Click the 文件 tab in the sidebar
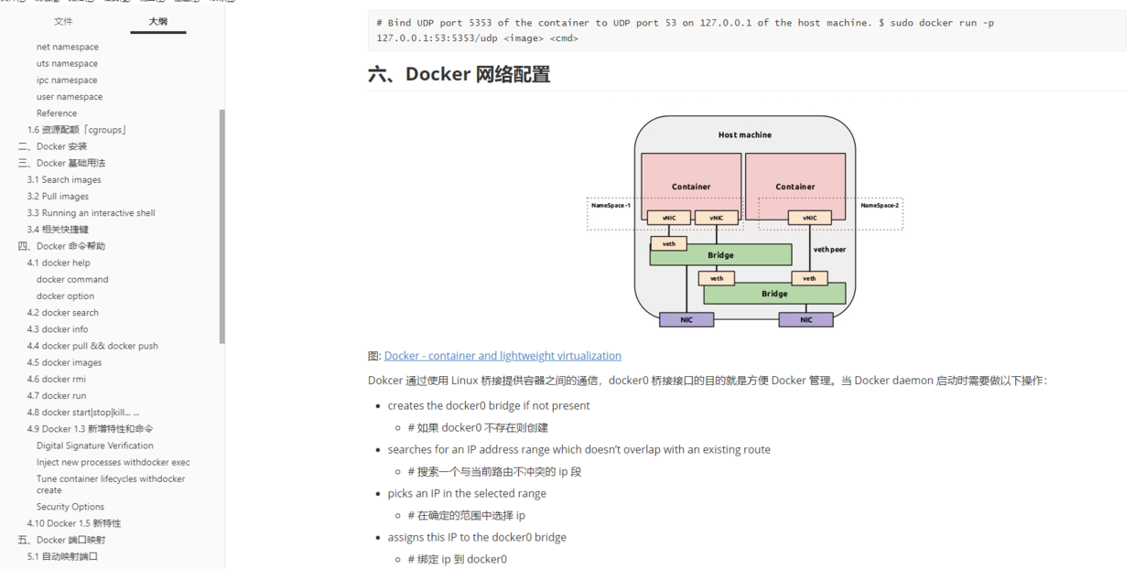pos(63,21)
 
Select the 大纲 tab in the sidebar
pos(157,21)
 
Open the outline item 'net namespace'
pos(67,47)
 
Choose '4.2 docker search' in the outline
pos(62,313)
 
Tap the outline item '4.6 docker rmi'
pos(57,379)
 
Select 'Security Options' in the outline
pos(70,507)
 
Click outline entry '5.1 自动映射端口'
pos(62,556)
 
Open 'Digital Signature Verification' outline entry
pos(95,446)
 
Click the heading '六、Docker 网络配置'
pos(459,74)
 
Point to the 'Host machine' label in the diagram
pos(744,134)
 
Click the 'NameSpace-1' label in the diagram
pos(611,206)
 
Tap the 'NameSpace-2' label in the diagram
pos(880,206)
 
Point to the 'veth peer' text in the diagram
pos(829,249)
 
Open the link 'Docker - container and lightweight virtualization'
pos(503,356)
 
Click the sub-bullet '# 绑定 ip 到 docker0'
pos(458,559)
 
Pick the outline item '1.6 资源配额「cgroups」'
pos(77,130)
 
